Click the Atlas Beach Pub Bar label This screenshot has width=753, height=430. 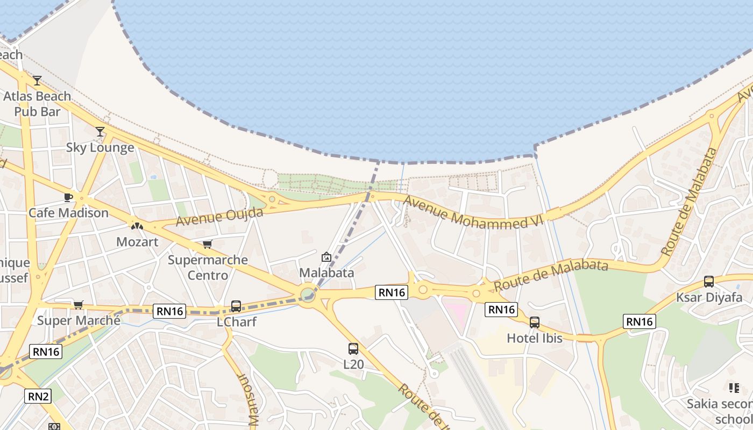pos(37,104)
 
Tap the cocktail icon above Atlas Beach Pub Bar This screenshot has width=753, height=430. pos(37,81)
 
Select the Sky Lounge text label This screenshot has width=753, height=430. pos(100,148)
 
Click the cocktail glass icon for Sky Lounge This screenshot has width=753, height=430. pos(100,131)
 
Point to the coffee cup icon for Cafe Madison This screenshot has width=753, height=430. pos(68,197)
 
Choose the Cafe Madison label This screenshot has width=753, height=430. pos(68,213)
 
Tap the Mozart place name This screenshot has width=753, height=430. pos(137,242)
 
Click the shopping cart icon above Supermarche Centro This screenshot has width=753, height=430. pos(208,245)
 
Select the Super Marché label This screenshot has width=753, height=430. pos(79,321)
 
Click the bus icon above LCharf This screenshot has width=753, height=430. pos(236,306)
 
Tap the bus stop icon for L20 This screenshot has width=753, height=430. pos(353,348)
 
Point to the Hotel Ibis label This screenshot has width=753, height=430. pos(535,338)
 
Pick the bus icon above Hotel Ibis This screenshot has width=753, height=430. pos(535,322)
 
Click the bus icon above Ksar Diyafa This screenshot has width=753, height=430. pos(709,282)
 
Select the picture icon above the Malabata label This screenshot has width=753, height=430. pos(326,257)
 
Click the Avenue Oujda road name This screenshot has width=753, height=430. pos(219,217)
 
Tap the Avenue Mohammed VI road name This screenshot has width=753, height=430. pos(474,213)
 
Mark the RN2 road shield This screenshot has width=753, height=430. pos(38,397)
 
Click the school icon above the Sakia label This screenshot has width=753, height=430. pos(734,388)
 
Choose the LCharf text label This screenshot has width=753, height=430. pos(236,322)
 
